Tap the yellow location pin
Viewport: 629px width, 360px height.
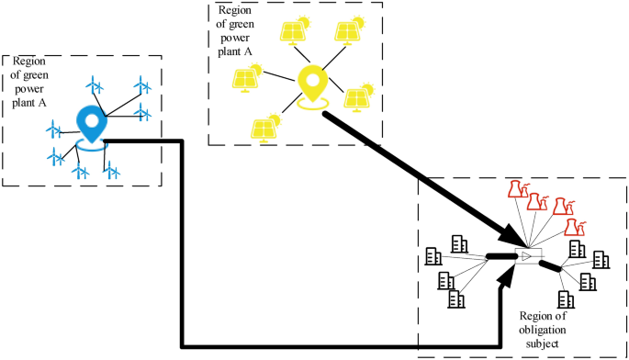pos(313,84)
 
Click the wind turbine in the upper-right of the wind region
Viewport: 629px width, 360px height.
pos(142,88)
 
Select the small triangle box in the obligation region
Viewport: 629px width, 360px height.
pos(529,255)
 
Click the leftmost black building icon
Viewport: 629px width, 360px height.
pos(432,257)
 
